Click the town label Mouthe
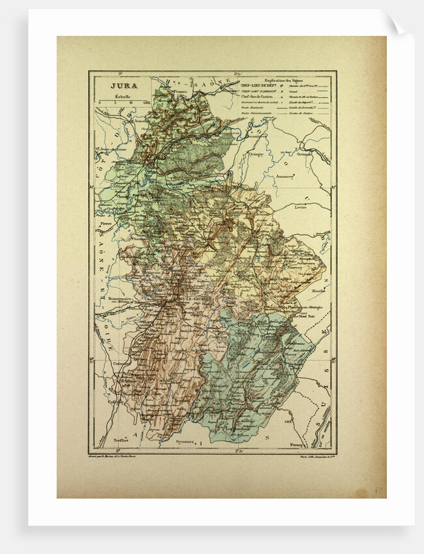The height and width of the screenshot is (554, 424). coord(319,291)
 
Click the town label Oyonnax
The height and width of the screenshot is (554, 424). coord(187,442)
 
